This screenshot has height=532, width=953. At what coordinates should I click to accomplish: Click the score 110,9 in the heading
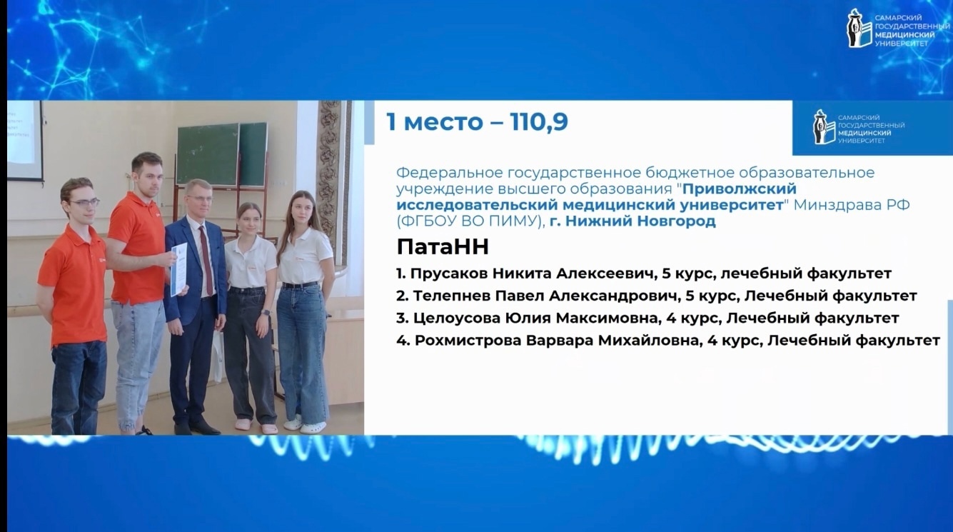pyautogui.click(x=540, y=123)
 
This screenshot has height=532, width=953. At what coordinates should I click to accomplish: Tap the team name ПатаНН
pyautogui.click(x=443, y=247)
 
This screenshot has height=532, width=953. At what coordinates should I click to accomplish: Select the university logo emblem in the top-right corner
pyautogui.click(x=858, y=29)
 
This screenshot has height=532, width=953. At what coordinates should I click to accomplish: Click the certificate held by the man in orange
pyautogui.click(x=178, y=269)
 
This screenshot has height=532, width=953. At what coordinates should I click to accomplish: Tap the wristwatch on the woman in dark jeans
pyautogui.click(x=266, y=312)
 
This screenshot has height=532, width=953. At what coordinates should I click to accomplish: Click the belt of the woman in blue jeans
pyautogui.click(x=300, y=285)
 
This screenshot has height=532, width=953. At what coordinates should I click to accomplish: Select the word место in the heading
pyautogui.click(x=443, y=123)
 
